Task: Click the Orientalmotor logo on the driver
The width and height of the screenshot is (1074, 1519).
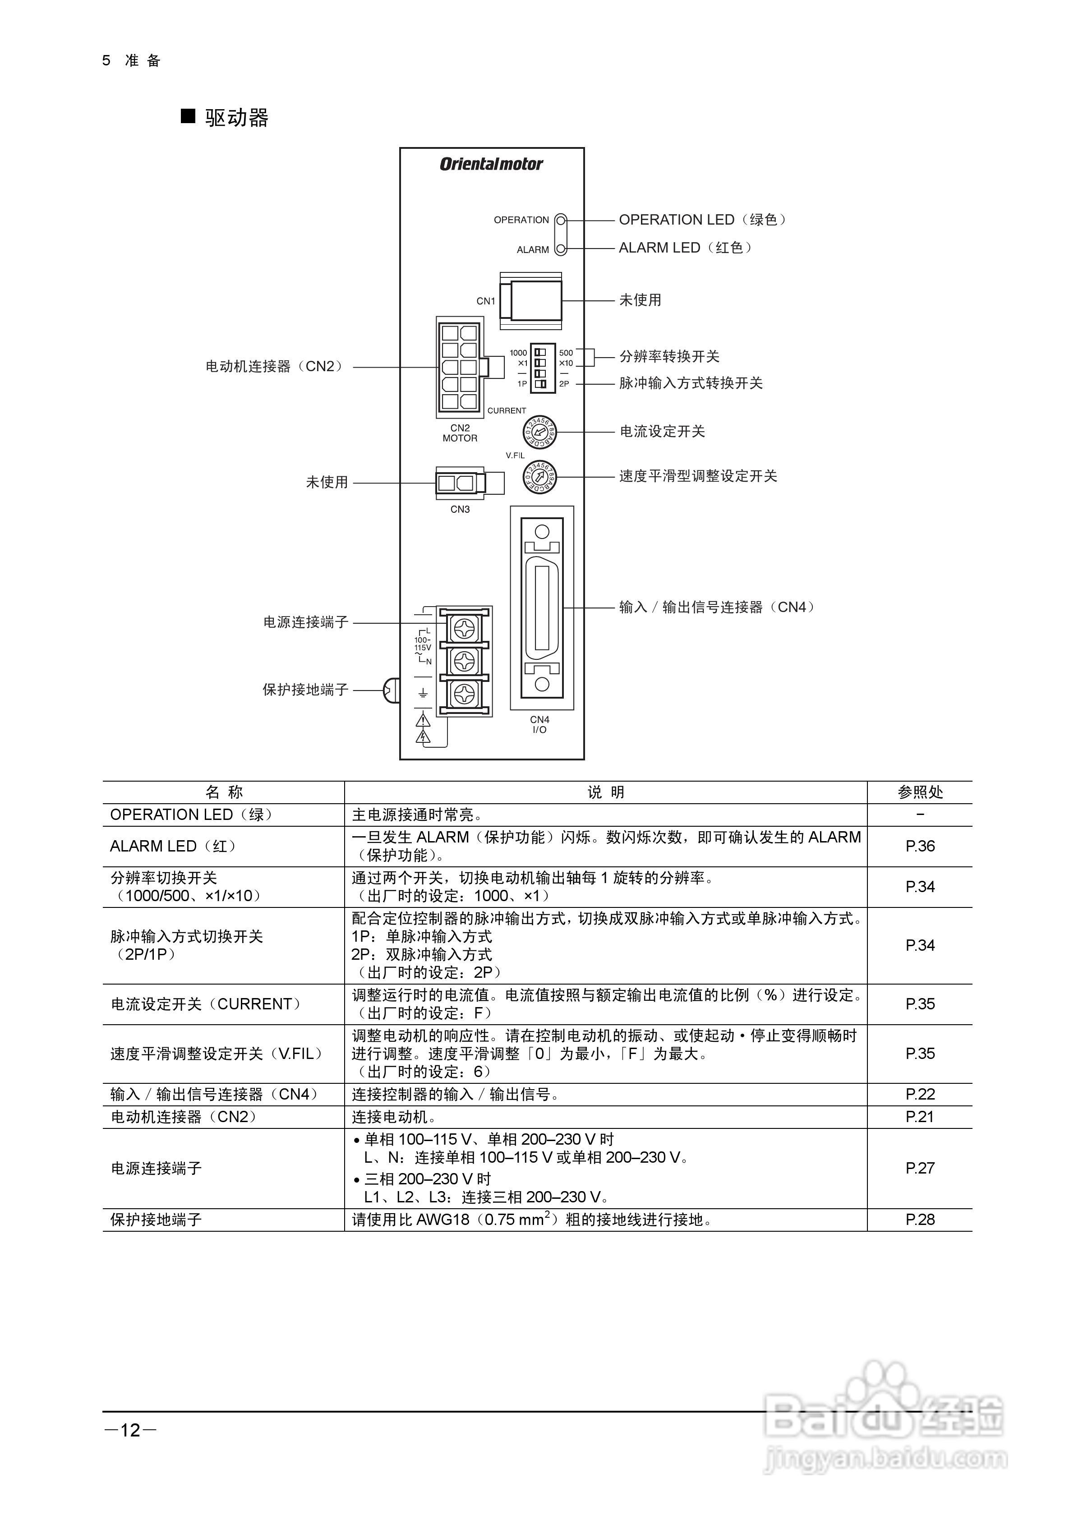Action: point(491,164)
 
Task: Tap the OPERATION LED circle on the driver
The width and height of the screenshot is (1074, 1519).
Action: point(561,220)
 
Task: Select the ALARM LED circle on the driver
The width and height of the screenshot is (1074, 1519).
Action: point(561,249)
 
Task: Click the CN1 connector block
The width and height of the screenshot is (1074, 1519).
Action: point(531,301)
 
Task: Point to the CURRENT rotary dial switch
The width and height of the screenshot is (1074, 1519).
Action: point(540,432)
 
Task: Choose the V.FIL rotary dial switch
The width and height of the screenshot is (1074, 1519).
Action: point(540,476)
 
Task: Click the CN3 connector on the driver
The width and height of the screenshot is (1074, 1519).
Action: point(461,483)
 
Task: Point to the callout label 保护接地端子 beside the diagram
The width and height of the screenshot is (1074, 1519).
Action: point(305,690)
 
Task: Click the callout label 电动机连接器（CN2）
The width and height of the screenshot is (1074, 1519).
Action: point(275,367)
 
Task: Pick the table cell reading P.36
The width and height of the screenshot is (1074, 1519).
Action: point(920,846)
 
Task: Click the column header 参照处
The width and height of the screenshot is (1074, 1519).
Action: point(920,792)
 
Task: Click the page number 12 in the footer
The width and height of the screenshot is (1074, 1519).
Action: point(130,1430)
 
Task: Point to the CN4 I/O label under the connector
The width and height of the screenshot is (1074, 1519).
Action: point(540,724)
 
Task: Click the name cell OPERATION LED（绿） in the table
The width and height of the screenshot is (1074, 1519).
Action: point(191,815)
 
